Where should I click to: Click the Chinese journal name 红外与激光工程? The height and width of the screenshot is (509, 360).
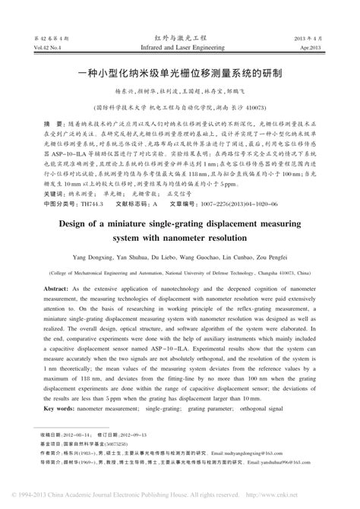point(179,36)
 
